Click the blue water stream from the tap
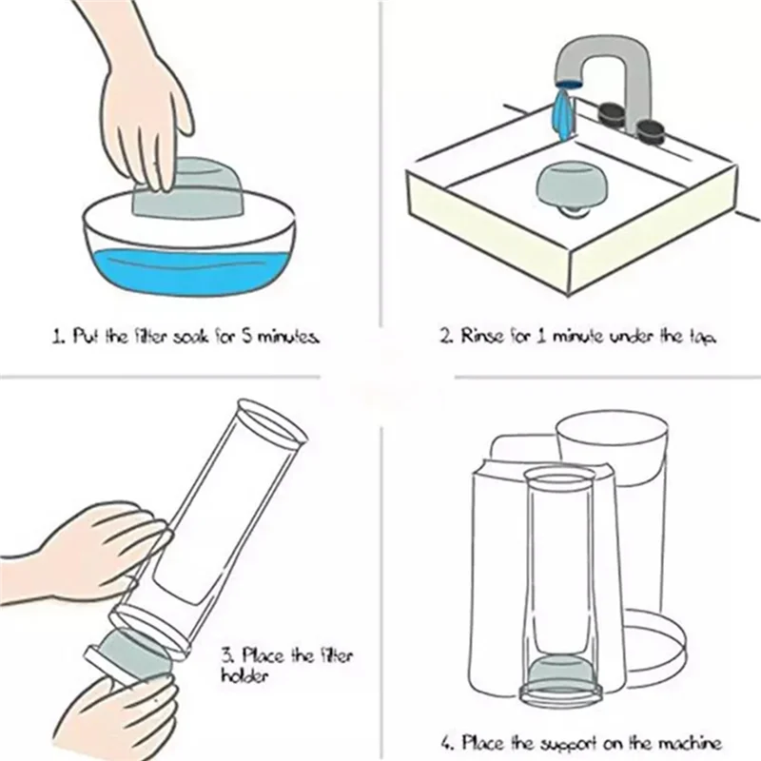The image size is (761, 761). point(563,112)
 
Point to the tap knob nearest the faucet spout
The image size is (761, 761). point(611,114)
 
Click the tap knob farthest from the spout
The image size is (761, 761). point(652,132)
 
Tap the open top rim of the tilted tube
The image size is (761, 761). point(272,421)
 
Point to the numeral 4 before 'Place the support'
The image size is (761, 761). point(446,743)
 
